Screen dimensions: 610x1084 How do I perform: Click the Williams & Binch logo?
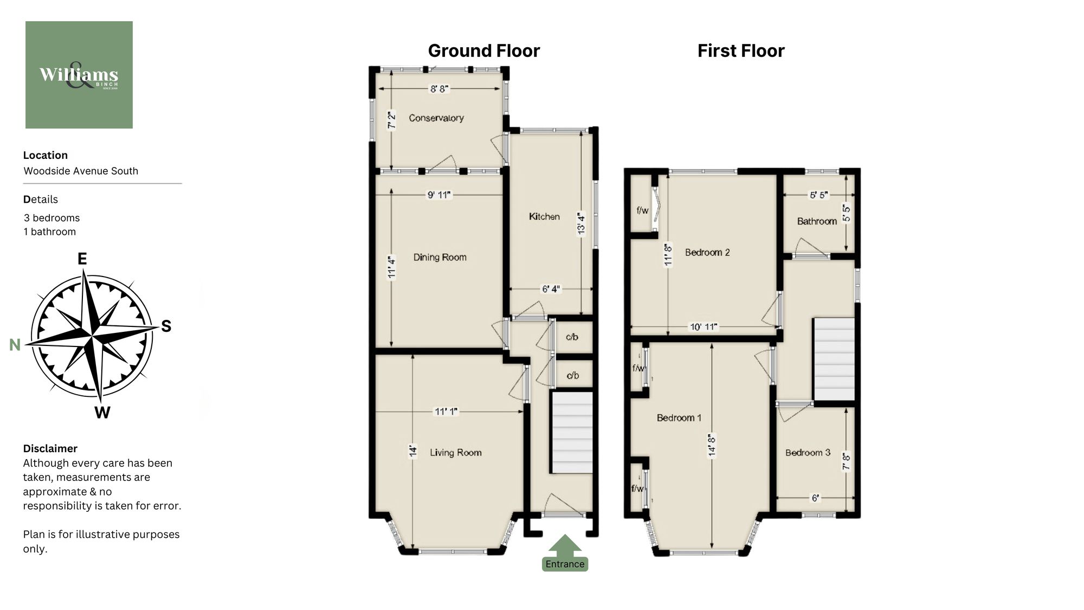[x=79, y=75]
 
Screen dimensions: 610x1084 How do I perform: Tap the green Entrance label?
[x=565, y=564]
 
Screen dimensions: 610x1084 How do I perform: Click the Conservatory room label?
[x=436, y=118]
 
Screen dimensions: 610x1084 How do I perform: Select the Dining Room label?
[x=440, y=257]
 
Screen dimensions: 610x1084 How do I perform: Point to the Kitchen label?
[x=544, y=216]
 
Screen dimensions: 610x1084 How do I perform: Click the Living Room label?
[x=455, y=452]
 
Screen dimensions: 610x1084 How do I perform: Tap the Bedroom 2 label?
[x=707, y=252]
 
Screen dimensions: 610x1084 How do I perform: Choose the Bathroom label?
[x=817, y=221]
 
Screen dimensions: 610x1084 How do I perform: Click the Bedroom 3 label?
[x=808, y=452]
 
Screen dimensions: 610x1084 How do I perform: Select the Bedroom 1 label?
[x=679, y=418]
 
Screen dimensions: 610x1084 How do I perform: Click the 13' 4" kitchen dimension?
[x=581, y=223]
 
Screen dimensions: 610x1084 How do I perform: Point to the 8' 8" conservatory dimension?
[x=439, y=88]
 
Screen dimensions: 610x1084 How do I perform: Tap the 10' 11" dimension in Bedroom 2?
[x=703, y=326]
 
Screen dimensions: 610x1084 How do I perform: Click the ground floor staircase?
[x=572, y=433]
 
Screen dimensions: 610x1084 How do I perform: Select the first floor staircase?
[x=834, y=359]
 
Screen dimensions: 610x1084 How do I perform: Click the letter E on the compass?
[x=82, y=259]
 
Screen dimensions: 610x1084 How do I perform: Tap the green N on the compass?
[x=15, y=345]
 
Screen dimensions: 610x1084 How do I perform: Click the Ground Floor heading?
[x=483, y=51]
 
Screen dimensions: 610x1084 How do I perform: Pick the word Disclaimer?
[x=50, y=448]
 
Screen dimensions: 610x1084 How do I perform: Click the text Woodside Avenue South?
[x=81, y=171]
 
